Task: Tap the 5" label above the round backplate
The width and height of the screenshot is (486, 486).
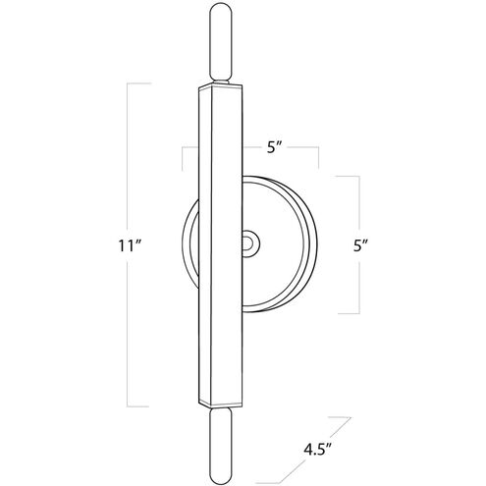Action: [276, 149]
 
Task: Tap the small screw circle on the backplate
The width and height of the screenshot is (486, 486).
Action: [250, 241]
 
